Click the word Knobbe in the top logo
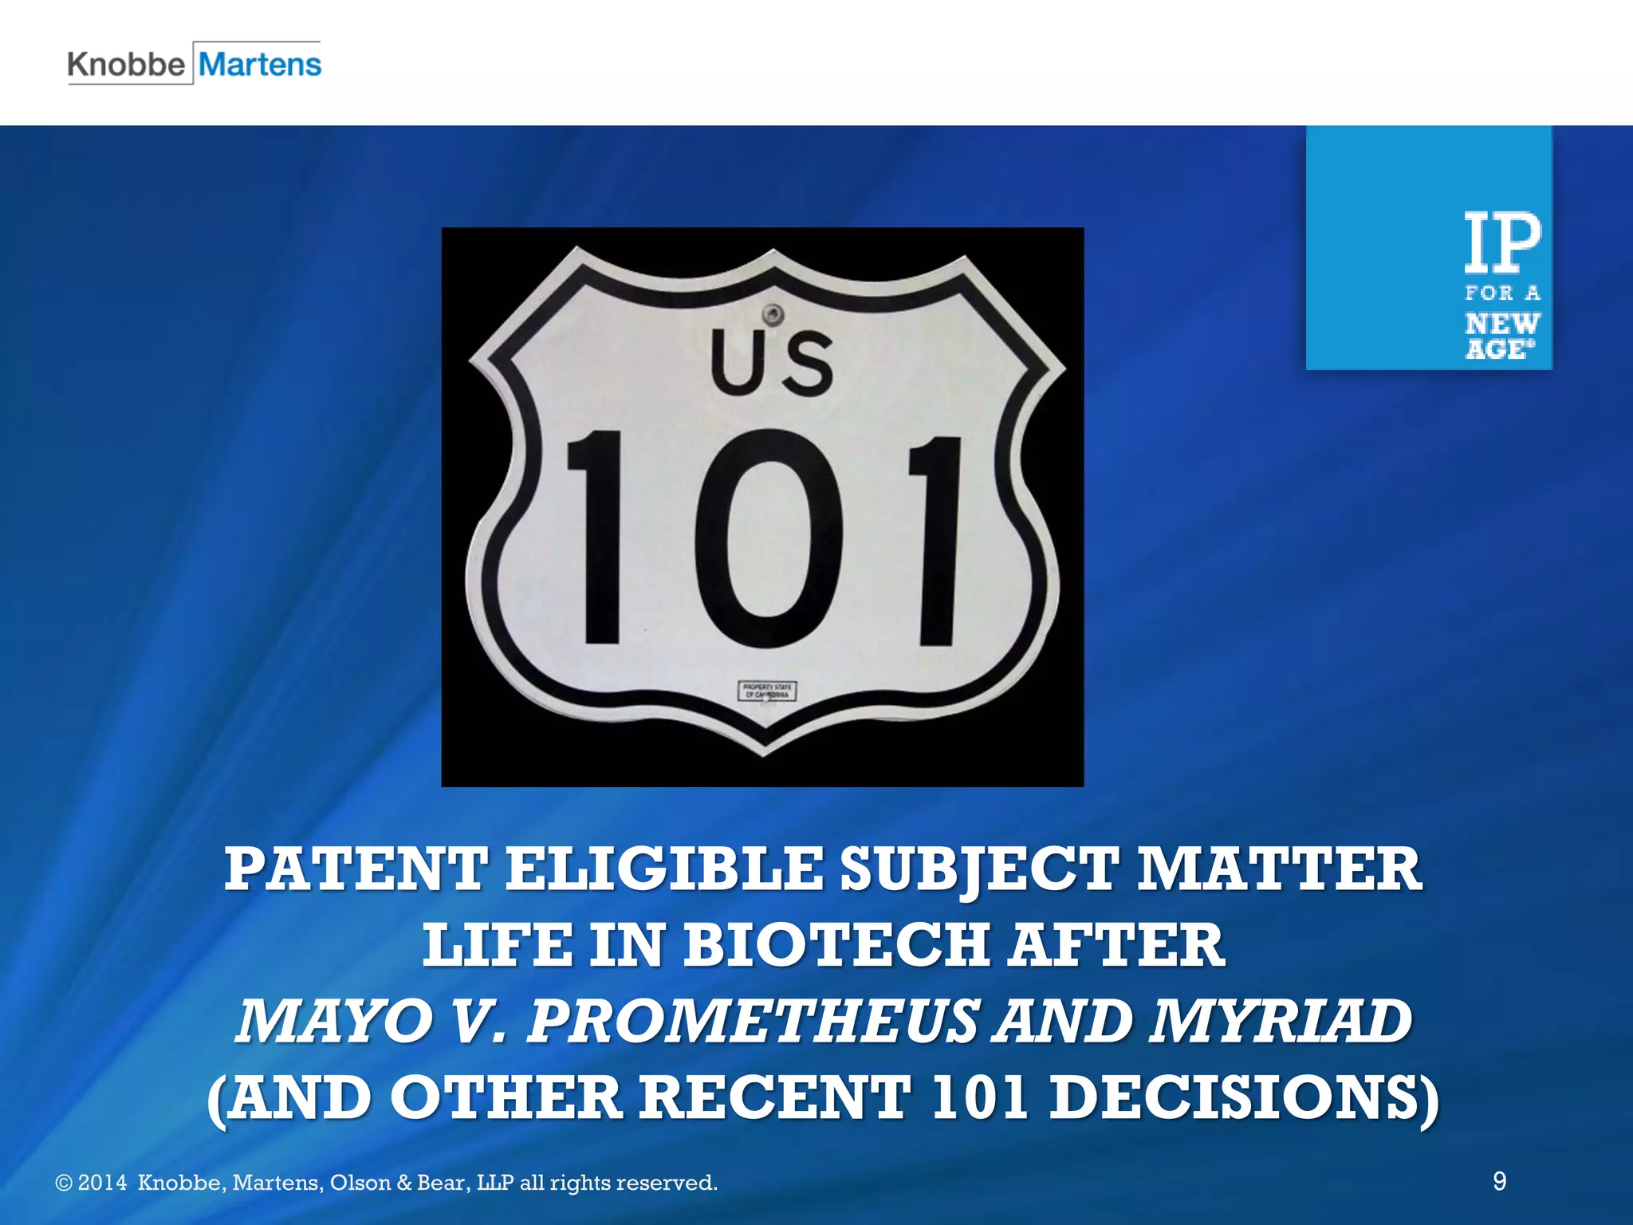pos(126,65)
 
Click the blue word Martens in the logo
pos(260,65)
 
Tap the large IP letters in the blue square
pos(1502,242)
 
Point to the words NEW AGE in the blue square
pos(1501,336)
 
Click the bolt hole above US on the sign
pos(772,312)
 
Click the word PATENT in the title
pos(356,869)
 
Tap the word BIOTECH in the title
pos(836,945)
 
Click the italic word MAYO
pos(330,1021)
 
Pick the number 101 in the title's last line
pos(978,1097)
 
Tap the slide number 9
pos(1499,1181)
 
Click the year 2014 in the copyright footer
pos(102,1183)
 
